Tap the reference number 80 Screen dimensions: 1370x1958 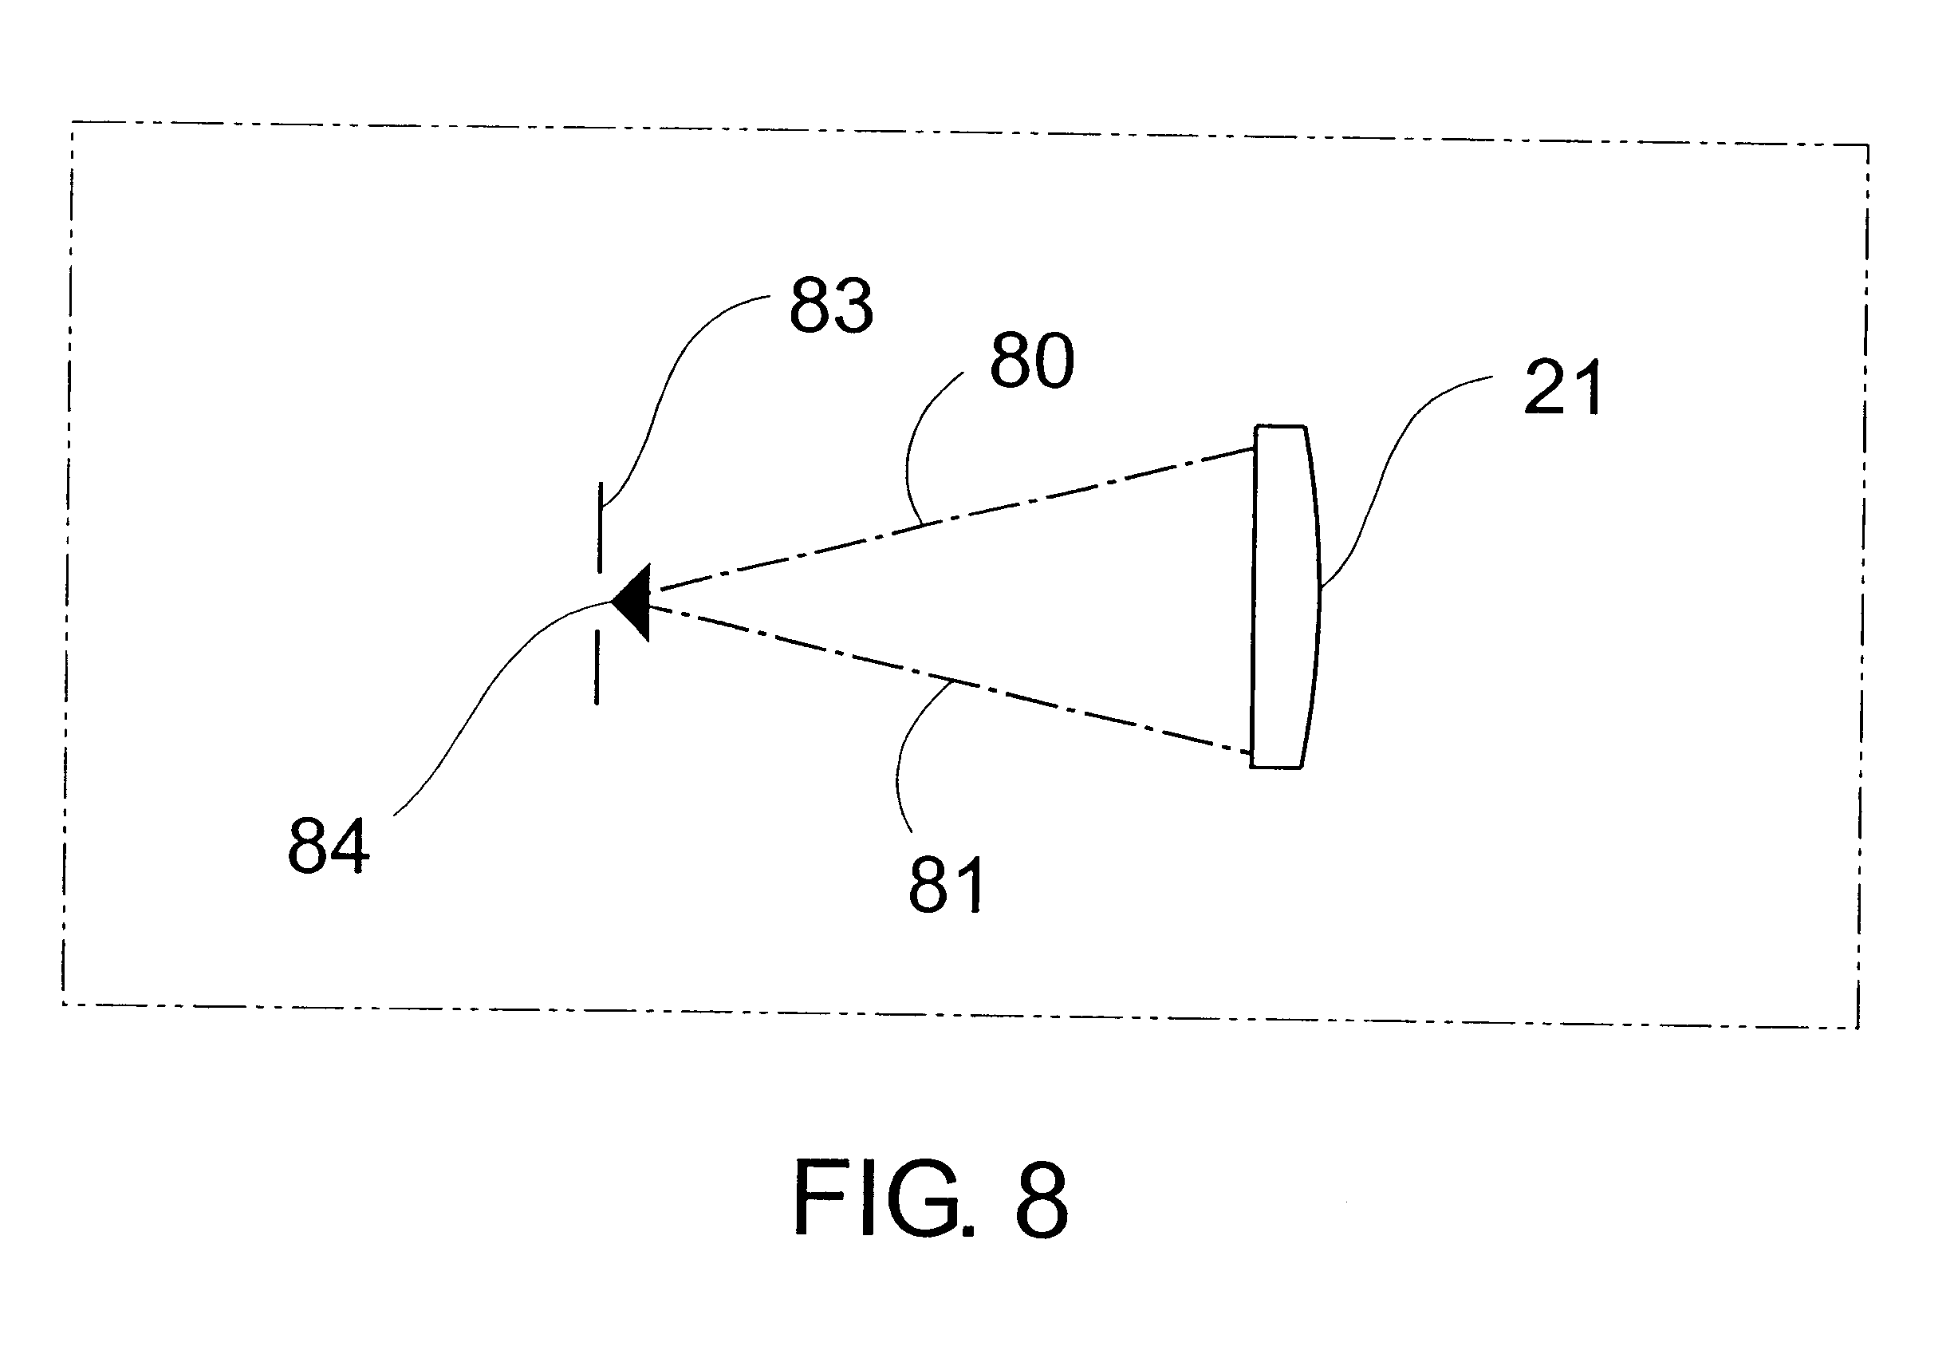1031,361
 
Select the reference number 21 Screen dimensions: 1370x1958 1562,388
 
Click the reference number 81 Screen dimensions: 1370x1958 946,886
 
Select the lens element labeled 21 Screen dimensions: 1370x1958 1283,597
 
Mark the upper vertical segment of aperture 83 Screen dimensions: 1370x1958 601,527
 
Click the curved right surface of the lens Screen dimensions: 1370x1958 1317,597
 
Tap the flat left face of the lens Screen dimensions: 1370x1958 1254,597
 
